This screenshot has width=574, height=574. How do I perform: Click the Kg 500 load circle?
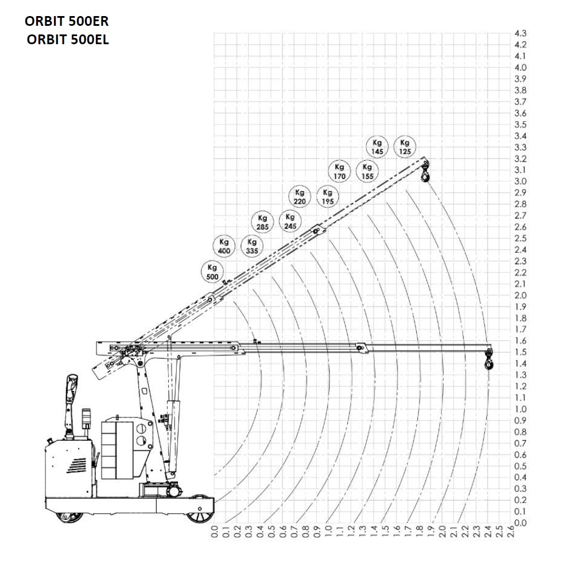pos(212,272)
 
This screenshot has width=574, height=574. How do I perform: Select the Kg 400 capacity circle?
pos(224,246)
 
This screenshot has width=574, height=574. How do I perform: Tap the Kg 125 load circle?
pos(405,147)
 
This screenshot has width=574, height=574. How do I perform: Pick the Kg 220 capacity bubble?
pos(300,196)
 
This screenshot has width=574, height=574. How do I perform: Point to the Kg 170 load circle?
pos(340,171)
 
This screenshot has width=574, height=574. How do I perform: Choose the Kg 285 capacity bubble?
pos(262,222)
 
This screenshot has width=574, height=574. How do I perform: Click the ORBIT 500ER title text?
pos(67,21)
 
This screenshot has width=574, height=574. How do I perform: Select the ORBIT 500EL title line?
pos(68,40)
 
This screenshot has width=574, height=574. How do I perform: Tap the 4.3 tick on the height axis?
pos(521,33)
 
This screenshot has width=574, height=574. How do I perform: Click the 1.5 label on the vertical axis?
pos(521,352)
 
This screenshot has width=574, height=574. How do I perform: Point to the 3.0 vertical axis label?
pos(521,181)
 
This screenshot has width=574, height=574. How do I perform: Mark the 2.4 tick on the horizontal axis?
pos(488,532)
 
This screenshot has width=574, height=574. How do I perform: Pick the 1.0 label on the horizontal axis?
pos(328,532)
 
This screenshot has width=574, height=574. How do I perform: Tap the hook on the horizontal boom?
pos(488,360)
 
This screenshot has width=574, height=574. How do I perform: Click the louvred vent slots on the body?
pos(77,466)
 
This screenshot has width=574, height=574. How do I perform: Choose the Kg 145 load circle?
pos(377,147)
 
